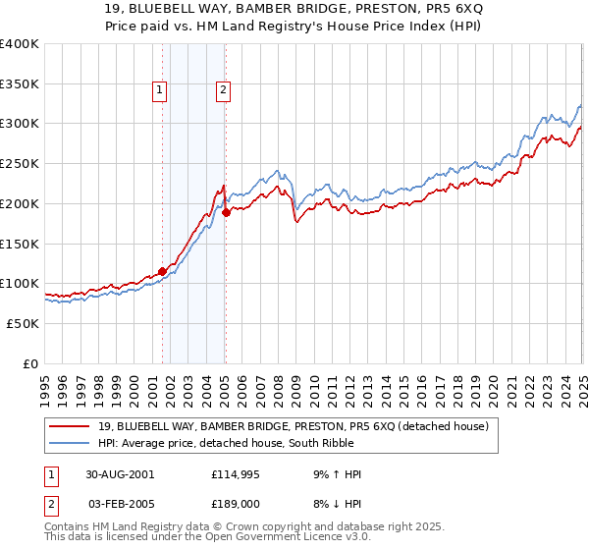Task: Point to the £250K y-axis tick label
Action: click(x=20, y=164)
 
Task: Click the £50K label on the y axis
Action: click(x=23, y=323)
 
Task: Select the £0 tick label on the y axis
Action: click(x=30, y=363)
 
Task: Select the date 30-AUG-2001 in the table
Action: click(x=120, y=474)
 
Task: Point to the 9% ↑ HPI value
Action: click(x=337, y=474)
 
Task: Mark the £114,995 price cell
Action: click(x=237, y=474)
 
